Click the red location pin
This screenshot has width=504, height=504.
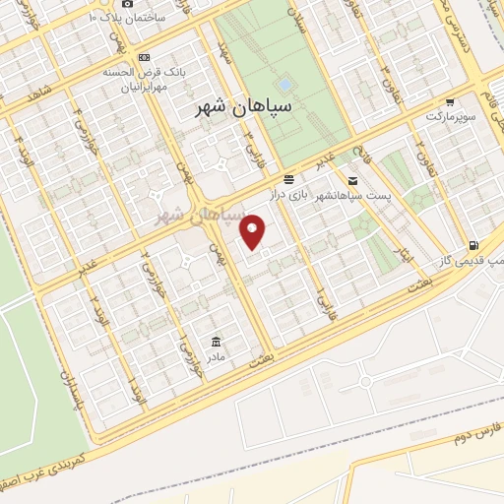click(254, 232)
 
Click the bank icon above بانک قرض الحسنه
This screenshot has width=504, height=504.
click(145, 57)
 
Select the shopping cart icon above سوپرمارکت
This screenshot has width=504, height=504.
click(450, 101)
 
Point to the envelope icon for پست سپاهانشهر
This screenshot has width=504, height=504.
click(352, 180)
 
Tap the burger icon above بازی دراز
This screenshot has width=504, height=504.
click(288, 179)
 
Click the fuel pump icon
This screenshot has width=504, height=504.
click(474, 245)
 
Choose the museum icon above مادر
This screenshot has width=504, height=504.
click(215, 341)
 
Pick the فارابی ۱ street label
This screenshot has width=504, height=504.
click(320, 293)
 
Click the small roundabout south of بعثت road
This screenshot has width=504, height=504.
click(365, 380)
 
